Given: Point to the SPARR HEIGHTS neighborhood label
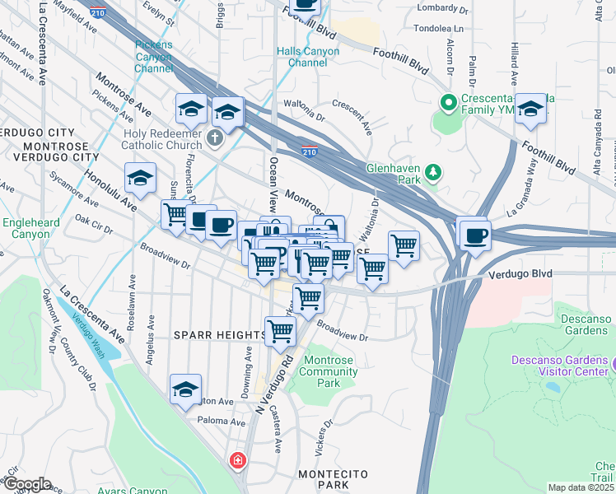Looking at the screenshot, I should (x=219, y=335).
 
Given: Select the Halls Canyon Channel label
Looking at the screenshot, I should (x=307, y=57).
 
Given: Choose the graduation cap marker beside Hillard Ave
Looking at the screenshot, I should (x=531, y=110).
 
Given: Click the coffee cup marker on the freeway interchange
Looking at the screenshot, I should (x=475, y=235).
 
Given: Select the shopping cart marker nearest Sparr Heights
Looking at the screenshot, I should (x=280, y=331).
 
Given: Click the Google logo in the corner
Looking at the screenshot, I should (x=26, y=484).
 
